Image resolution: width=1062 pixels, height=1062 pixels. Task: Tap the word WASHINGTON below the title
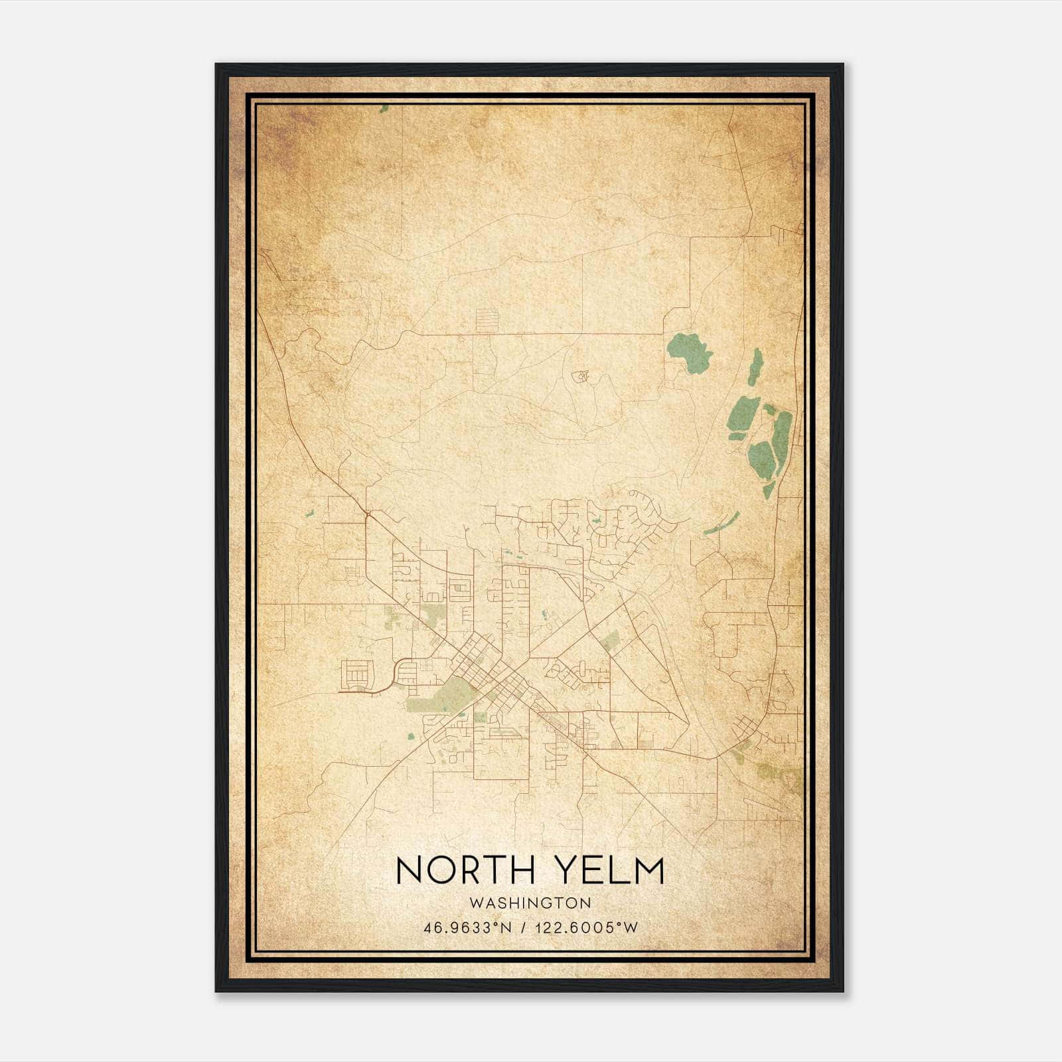530,903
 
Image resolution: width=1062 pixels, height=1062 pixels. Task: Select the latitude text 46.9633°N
467,927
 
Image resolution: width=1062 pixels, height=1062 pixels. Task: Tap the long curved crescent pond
721,524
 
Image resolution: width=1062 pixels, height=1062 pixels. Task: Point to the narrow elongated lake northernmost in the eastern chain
755,366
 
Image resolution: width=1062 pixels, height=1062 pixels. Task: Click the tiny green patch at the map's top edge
384,109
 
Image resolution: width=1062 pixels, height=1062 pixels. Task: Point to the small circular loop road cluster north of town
580,376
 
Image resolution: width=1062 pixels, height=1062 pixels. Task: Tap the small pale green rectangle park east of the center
611,640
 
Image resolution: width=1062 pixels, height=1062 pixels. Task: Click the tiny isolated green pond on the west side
309,512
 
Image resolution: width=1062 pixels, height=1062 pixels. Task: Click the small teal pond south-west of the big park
410,735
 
